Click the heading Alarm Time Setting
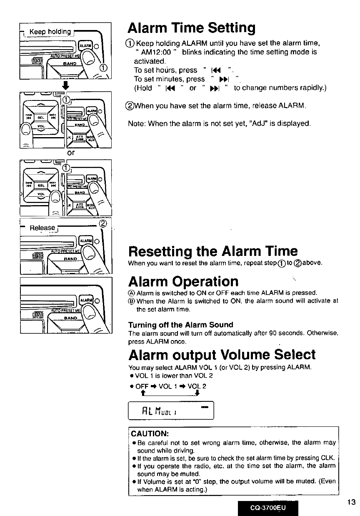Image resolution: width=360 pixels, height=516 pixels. coord(191,28)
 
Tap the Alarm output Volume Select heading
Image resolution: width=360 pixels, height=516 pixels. coord(222,355)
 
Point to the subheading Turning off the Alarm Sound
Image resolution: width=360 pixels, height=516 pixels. coord(180,325)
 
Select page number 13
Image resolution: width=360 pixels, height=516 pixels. coord(351,502)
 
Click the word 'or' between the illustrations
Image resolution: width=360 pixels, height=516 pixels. coord(70,153)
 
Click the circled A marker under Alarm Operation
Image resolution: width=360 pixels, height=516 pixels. coord(132,292)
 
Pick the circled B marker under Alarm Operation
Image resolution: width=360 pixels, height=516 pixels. coord(132,301)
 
